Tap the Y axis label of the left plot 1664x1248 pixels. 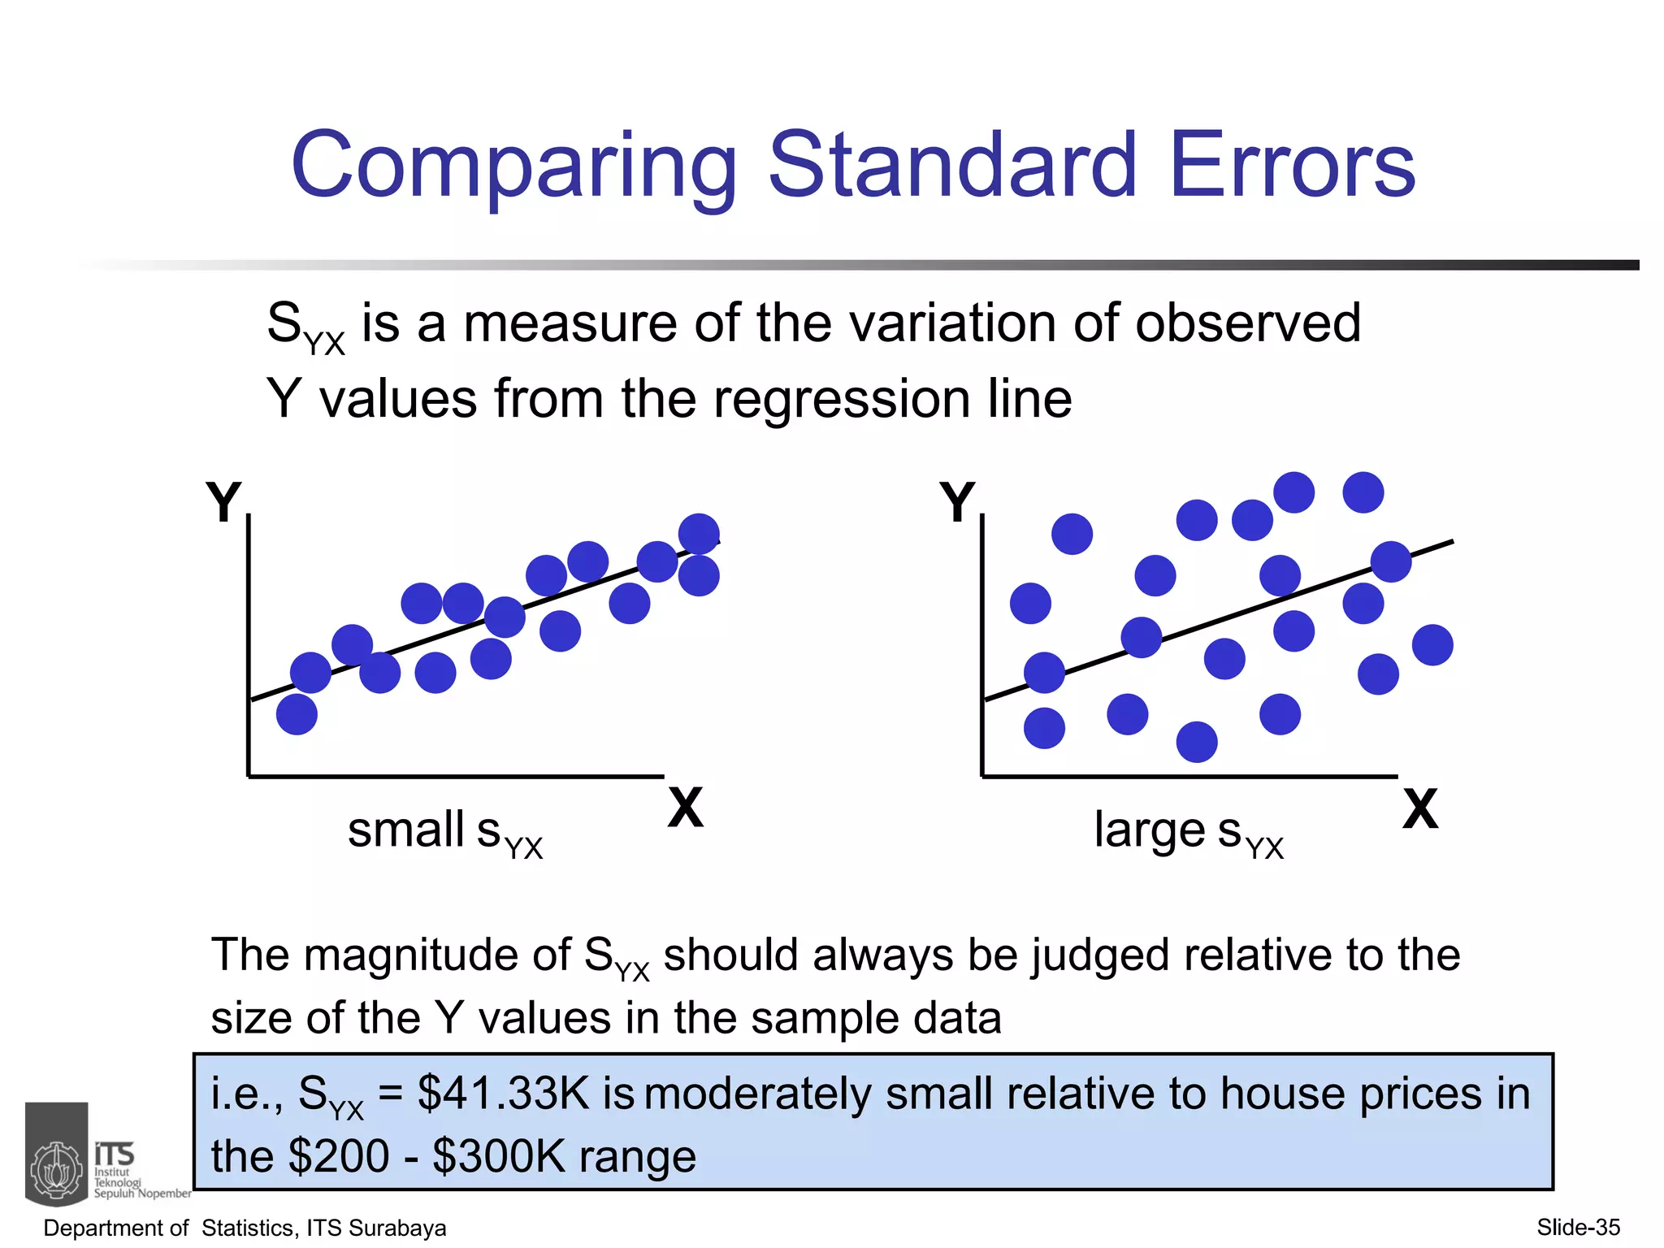click(x=223, y=502)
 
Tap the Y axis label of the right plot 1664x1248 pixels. click(x=956, y=502)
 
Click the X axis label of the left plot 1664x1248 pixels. click(x=686, y=808)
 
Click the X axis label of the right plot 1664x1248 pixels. click(x=1420, y=809)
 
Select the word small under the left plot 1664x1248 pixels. click(x=406, y=830)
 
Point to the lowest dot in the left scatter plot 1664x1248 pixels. click(x=297, y=714)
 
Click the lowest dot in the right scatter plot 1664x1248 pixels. click(x=1197, y=742)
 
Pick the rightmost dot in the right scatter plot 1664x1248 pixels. click(x=1432, y=645)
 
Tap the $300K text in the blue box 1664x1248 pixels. click(x=498, y=1157)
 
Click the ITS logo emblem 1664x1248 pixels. click(x=56, y=1155)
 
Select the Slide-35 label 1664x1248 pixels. click(x=1578, y=1228)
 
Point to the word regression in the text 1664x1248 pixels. click(x=842, y=400)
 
